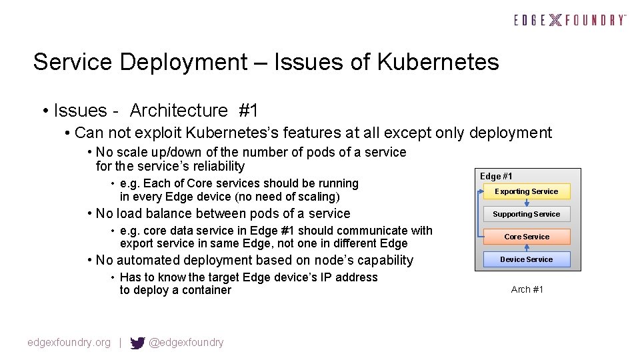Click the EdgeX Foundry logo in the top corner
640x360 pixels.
coord(570,20)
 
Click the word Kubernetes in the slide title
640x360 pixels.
coord(437,62)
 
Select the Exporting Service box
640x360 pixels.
coord(527,191)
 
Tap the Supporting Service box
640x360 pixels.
coord(527,214)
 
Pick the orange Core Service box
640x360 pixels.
coord(527,237)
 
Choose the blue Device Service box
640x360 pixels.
coord(527,259)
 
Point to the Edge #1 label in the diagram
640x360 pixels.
coord(497,176)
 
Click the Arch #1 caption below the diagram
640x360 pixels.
coord(527,289)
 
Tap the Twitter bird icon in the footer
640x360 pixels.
coord(137,343)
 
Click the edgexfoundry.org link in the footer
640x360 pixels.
coord(69,343)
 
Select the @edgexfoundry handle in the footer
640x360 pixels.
coord(186,343)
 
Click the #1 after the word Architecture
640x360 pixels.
coord(248,110)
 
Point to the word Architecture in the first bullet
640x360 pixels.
coord(179,110)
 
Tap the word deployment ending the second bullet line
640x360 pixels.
coord(511,133)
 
